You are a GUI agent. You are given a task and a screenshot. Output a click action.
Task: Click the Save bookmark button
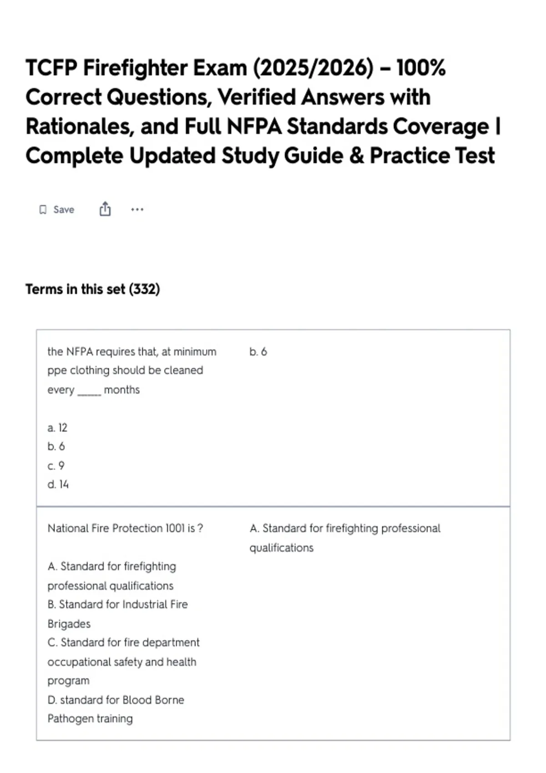(x=57, y=210)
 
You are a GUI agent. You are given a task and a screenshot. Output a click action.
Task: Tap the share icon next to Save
(x=105, y=209)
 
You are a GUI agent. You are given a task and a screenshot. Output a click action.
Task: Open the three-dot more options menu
(x=137, y=210)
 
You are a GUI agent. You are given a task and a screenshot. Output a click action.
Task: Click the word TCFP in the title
(x=51, y=68)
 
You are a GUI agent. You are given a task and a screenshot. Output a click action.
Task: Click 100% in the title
(x=421, y=68)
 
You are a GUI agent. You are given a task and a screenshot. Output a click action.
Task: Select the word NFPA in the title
(x=254, y=127)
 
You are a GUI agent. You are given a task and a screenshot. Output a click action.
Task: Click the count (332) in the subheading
(x=144, y=289)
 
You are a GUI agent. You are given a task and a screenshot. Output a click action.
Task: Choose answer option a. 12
(x=57, y=428)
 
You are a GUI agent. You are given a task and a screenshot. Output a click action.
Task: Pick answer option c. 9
(x=56, y=466)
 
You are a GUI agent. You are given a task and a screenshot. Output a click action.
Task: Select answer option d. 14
(x=58, y=485)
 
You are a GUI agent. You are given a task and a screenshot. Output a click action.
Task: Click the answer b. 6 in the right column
(x=258, y=352)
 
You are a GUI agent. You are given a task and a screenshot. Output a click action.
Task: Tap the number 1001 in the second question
(x=175, y=528)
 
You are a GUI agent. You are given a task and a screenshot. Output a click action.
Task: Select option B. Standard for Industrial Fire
(x=117, y=605)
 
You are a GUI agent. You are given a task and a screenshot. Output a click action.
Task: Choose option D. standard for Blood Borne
(x=116, y=700)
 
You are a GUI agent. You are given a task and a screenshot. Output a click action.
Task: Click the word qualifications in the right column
(x=281, y=548)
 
